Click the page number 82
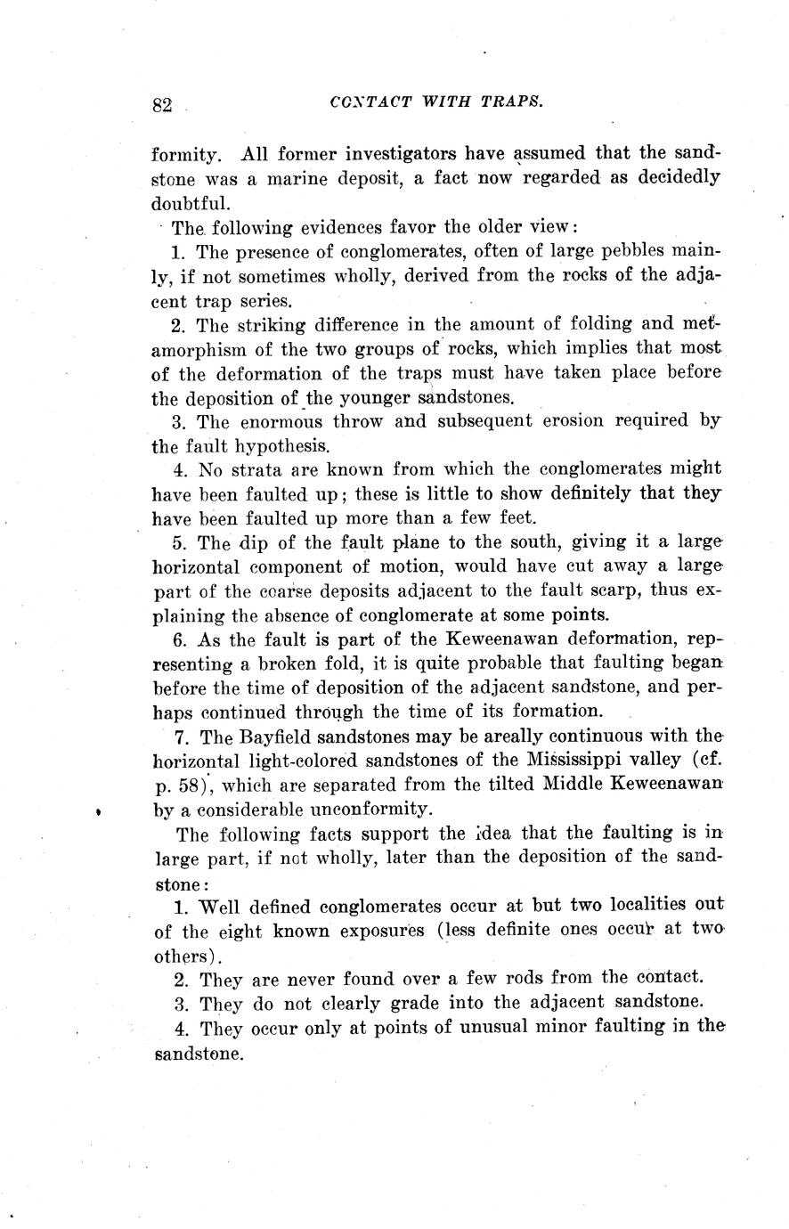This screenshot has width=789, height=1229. tap(161, 105)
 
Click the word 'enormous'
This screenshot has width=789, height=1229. tap(287, 421)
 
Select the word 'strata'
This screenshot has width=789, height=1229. tap(263, 468)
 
